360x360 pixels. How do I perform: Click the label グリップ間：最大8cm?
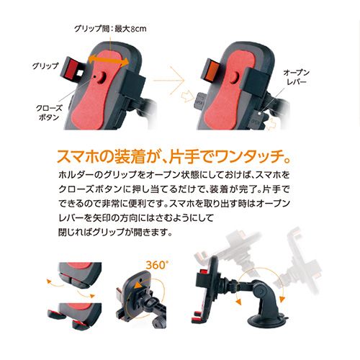(110, 29)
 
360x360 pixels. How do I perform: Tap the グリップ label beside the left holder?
(45, 66)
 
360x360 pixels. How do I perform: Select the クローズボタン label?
(48, 112)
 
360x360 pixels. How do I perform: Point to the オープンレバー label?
(297, 77)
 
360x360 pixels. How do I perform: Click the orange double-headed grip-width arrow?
(109, 60)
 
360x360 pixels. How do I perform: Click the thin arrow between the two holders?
(169, 80)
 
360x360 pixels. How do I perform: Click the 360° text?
(157, 265)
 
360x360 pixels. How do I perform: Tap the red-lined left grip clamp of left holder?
(72, 69)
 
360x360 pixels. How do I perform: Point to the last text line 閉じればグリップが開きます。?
(115, 232)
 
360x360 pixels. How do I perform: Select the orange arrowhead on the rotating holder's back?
(139, 285)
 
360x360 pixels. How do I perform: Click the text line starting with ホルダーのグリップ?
(174, 175)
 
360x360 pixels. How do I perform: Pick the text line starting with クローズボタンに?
(174, 189)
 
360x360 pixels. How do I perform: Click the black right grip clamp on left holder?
(135, 81)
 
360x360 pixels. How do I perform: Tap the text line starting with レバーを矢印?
(136, 218)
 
